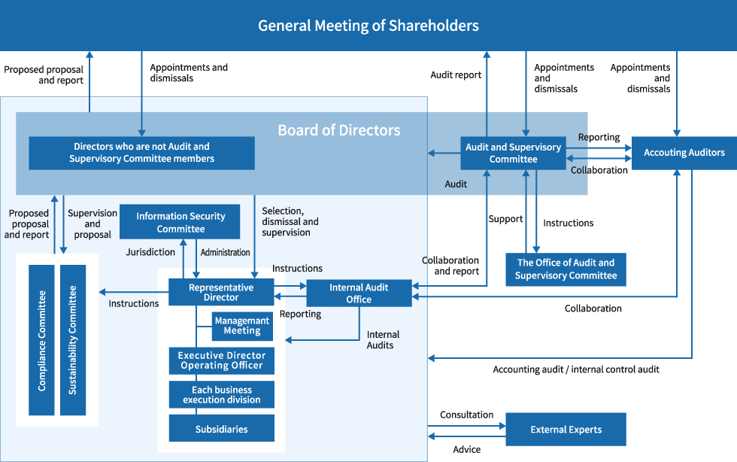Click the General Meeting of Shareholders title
point(368,26)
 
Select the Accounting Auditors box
point(684,153)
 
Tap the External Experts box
point(566,430)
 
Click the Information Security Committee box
point(180,222)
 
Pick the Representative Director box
point(220,293)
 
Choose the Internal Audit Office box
point(359,293)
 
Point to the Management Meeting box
point(241,326)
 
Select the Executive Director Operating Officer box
point(221,360)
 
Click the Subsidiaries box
point(221,429)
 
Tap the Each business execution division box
point(221,395)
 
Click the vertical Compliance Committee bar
point(42,340)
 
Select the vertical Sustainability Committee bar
point(73,340)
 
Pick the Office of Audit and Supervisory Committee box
point(566,269)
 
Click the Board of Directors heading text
point(338,130)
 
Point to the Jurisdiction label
point(150,253)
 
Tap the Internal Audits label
point(383,339)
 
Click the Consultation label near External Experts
point(466,415)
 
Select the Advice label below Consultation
point(466,449)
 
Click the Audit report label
point(455,75)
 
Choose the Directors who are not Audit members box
point(141,153)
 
